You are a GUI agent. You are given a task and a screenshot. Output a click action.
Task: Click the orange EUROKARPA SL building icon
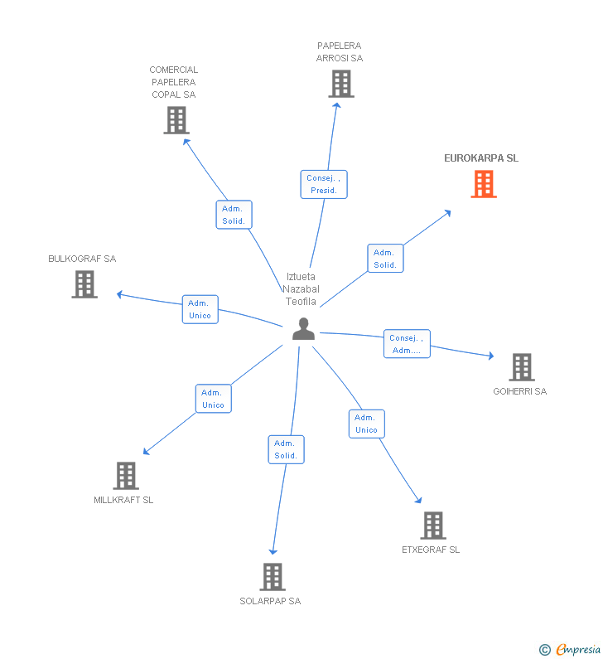coord(484,184)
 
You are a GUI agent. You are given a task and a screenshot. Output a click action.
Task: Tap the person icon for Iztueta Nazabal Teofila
coord(304,329)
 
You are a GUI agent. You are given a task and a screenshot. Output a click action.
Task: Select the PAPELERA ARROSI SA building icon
coord(340,84)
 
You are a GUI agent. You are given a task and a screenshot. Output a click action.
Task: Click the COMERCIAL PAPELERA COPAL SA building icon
coord(176,120)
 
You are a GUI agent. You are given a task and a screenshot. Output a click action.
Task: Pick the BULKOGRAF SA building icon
coord(84,284)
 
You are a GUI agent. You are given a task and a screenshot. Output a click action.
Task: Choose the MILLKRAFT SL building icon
coord(126,476)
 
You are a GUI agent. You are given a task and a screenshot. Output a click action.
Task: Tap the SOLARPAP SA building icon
coord(273,576)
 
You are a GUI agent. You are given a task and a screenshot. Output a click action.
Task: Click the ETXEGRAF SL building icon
coord(432,526)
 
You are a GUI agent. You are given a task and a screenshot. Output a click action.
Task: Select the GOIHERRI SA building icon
coord(521,366)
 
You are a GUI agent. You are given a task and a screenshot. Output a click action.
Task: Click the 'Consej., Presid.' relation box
coord(323,184)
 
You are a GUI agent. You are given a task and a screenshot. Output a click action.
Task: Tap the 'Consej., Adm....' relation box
coord(407,344)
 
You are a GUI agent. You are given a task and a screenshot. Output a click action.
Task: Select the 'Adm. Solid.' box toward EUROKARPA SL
coord(385,259)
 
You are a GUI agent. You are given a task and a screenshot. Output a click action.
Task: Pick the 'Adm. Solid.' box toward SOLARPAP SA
coord(286,449)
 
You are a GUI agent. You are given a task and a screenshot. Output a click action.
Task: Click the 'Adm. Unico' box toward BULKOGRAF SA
coord(200,309)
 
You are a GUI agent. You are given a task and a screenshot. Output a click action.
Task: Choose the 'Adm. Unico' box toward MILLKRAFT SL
coord(213,399)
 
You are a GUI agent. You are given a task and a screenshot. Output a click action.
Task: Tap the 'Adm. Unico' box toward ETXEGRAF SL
coord(366,424)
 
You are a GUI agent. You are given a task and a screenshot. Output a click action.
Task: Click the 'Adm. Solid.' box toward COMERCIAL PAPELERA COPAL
coord(233,216)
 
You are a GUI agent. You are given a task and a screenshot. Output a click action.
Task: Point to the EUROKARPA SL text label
coord(481,158)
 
